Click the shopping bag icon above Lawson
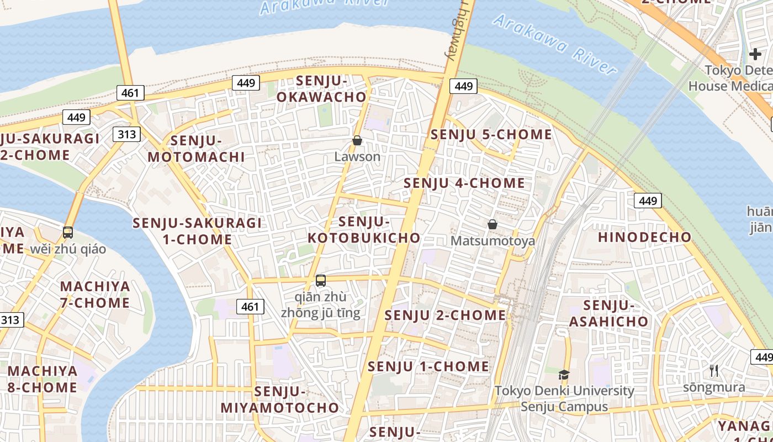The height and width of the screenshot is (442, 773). coord(357,141)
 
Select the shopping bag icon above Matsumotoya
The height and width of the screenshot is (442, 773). coord(492,224)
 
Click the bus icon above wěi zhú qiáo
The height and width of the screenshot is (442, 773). coord(68,233)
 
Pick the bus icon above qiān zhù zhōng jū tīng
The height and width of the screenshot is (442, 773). coord(321,281)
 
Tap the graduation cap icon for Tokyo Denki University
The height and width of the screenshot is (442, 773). coord(564,375)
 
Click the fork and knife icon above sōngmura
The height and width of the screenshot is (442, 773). coord(714,371)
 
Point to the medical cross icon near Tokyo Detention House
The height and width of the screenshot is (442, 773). coord(755,54)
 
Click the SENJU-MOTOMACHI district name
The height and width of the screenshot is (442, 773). coord(196,149)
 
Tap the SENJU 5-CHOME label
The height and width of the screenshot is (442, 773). coord(491,134)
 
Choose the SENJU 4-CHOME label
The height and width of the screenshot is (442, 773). coord(464,183)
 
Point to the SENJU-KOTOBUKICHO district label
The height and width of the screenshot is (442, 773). coord(364,230)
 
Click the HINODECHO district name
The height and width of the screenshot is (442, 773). coord(644,237)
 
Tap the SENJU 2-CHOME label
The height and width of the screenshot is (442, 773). coord(445,315)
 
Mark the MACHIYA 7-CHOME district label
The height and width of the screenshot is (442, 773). coord(95,294)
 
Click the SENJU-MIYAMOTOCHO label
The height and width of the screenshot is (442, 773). coord(280,399)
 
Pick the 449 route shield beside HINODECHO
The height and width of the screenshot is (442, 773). coord(648,201)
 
